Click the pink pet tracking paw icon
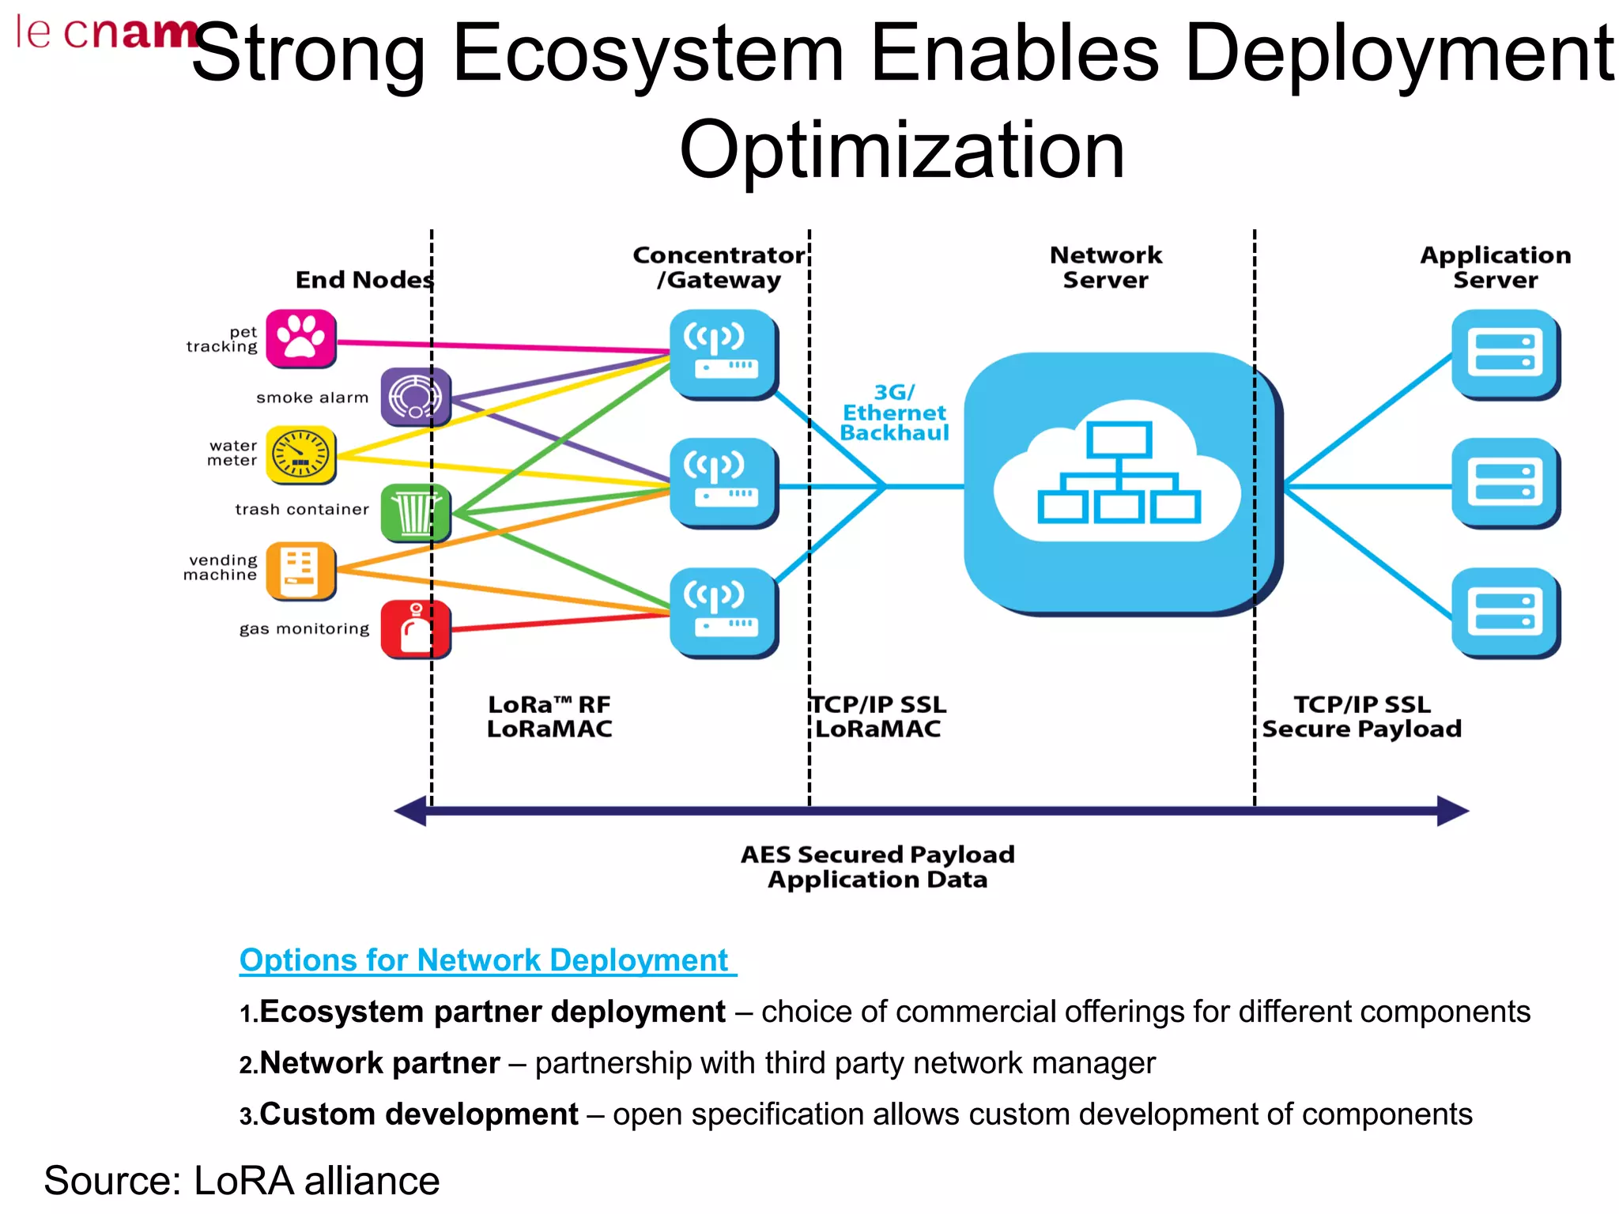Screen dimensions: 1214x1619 click(x=300, y=338)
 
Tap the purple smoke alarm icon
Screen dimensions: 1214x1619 click(x=415, y=396)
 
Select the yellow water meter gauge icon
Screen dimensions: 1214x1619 click(x=300, y=454)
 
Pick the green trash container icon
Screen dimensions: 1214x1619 click(x=415, y=513)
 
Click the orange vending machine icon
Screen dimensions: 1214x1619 click(x=300, y=571)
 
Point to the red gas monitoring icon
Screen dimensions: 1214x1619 click(x=415, y=629)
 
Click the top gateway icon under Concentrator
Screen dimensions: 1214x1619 click(x=722, y=353)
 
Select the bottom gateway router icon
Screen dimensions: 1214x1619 click(x=722, y=612)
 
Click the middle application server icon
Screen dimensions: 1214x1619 click(x=1504, y=483)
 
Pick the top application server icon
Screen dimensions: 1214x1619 click(x=1504, y=353)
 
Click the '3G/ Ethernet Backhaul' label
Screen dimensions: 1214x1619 click(x=894, y=413)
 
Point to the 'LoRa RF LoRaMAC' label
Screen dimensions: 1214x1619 click(x=549, y=716)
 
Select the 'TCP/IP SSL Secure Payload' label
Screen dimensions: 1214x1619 click(x=1361, y=716)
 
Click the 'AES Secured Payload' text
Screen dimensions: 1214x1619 click(x=877, y=854)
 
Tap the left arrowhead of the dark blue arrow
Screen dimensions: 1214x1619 click(x=411, y=811)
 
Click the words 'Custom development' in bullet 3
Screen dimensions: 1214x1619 click(x=419, y=1114)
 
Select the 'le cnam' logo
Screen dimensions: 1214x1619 click(x=107, y=33)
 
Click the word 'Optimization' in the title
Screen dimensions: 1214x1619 click(x=901, y=150)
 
